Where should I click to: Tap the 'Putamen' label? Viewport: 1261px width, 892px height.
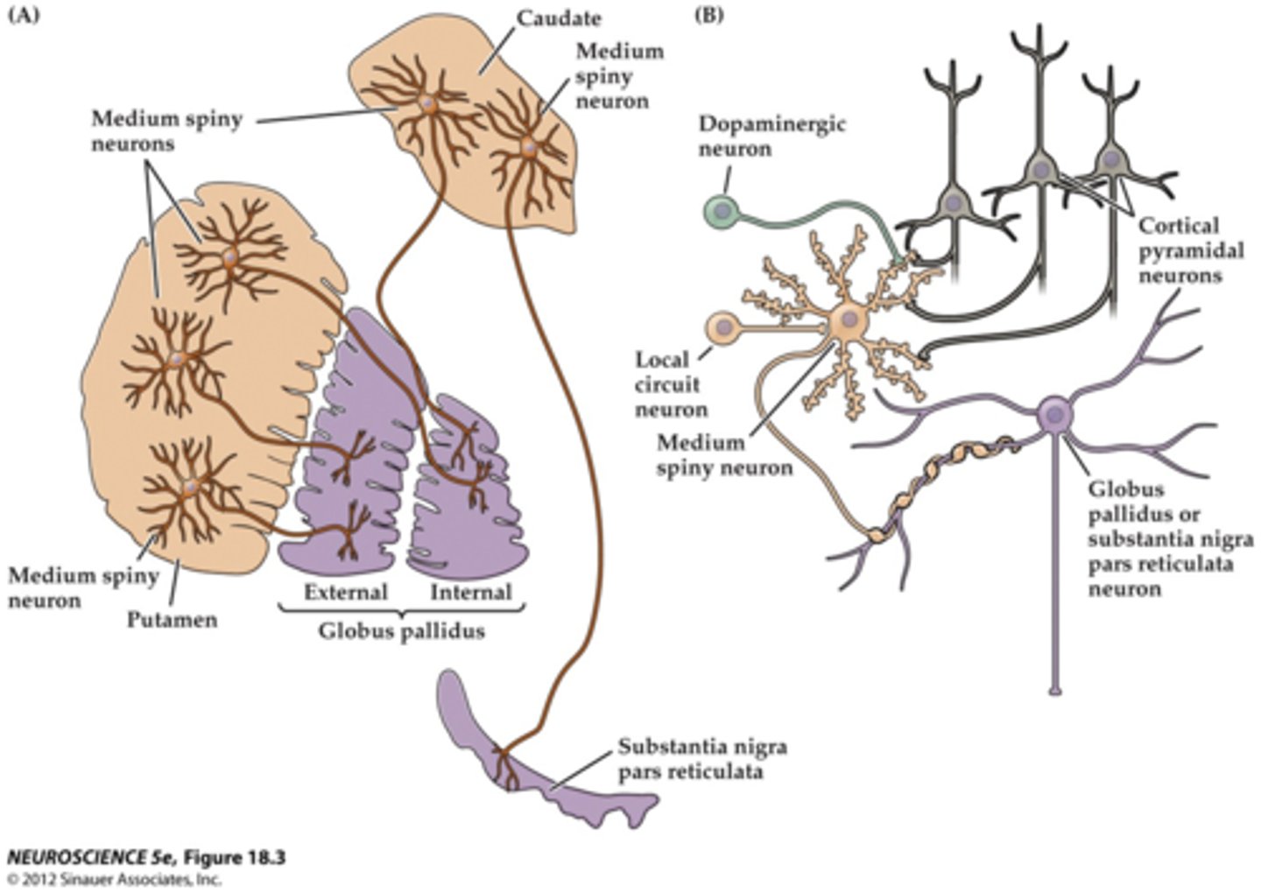(x=172, y=620)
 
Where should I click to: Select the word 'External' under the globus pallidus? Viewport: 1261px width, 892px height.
(x=346, y=593)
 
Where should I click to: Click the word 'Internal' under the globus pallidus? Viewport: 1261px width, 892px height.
(x=470, y=593)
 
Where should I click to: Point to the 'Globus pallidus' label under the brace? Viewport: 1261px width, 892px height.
(x=401, y=630)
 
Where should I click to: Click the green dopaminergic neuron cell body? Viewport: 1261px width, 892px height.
(x=722, y=211)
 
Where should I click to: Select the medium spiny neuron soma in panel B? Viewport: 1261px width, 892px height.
(x=848, y=321)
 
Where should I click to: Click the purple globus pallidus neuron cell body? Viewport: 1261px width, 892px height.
(x=1055, y=415)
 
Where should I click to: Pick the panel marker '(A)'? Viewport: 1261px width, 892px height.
(x=24, y=15)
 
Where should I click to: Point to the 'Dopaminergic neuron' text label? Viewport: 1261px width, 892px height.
(x=771, y=136)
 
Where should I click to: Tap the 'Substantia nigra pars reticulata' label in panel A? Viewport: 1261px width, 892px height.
(x=701, y=759)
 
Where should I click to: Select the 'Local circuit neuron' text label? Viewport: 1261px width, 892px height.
(x=671, y=383)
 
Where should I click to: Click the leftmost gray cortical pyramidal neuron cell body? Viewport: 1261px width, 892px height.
(x=952, y=203)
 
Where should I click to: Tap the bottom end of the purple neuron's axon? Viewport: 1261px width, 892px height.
(x=1055, y=692)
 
